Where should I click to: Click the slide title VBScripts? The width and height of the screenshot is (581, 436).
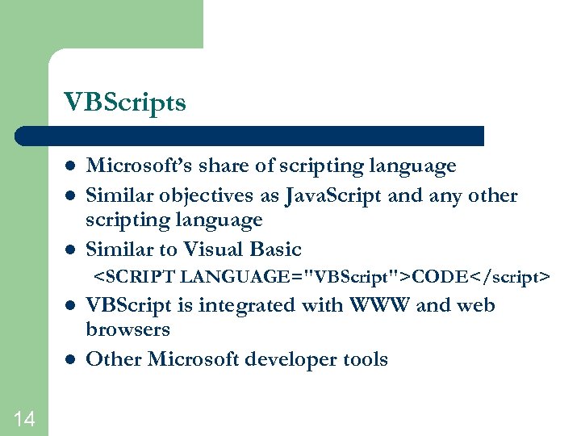[125, 103]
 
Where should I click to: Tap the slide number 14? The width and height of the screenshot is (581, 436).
[23, 417]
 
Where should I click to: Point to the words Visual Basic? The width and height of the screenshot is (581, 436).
[242, 249]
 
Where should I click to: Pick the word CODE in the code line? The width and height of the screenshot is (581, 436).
[441, 278]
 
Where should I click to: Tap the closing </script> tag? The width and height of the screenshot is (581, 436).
[510, 278]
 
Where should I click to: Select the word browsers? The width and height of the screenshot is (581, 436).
[127, 330]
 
